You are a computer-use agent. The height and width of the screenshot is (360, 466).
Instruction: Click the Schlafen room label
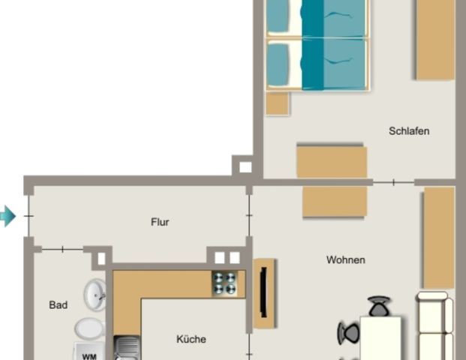point(409,131)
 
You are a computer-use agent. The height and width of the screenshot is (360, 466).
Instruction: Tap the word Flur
point(160,222)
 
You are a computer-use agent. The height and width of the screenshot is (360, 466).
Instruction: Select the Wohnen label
point(346,260)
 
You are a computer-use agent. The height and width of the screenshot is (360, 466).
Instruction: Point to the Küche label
point(191,340)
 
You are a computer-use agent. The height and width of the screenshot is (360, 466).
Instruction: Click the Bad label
point(59,305)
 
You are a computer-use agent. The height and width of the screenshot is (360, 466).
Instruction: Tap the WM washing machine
point(89,353)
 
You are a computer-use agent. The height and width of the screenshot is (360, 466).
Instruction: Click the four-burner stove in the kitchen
point(224,283)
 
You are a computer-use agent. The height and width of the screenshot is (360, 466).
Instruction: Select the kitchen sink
point(127,349)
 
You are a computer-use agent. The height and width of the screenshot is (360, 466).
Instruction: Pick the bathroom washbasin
point(95,295)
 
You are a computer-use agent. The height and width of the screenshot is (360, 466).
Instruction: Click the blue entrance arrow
point(8,216)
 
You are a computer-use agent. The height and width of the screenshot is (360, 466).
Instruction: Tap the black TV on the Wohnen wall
point(263,293)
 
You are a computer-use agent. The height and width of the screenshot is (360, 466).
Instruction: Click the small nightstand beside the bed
point(277,103)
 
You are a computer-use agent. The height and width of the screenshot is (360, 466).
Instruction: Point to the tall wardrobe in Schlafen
point(435,39)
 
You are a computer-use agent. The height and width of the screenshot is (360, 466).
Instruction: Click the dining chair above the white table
point(380,307)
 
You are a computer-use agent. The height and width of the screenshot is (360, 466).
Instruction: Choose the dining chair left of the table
point(349,333)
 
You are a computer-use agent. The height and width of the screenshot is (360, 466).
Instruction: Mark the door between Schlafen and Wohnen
point(393,182)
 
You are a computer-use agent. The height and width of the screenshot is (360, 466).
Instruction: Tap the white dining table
point(380,339)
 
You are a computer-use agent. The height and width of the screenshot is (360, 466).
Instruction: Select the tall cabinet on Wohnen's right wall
point(439,238)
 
